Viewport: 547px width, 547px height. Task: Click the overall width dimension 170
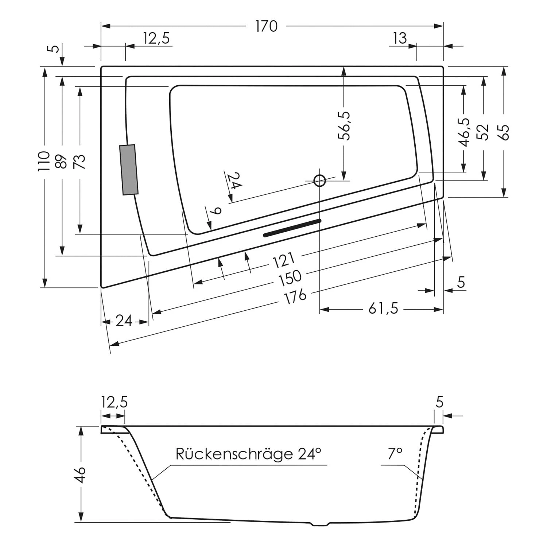tap(266, 26)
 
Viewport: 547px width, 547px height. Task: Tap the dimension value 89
tap(62, 161)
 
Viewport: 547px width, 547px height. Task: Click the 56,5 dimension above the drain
tap(344, 126)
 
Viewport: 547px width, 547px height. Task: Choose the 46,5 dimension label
tap(464, 132)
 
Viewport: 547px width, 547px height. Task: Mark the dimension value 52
tap(483, 132)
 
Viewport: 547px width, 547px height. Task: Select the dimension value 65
tap(504, 132)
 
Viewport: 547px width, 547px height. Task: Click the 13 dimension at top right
tap(400, 38)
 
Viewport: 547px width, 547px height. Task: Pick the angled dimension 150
tap(290, 278)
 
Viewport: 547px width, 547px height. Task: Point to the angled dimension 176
tap(295, 296)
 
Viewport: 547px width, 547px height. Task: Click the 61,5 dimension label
tap(383, 309)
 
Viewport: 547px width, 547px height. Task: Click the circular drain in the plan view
tap(320, 181)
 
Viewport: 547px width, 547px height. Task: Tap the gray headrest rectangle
tap(129, 170)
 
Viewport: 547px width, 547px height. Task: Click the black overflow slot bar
tap(292, 228)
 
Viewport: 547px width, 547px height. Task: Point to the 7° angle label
tap(395, 454)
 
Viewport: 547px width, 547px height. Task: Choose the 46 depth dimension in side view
tap(81, 474)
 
